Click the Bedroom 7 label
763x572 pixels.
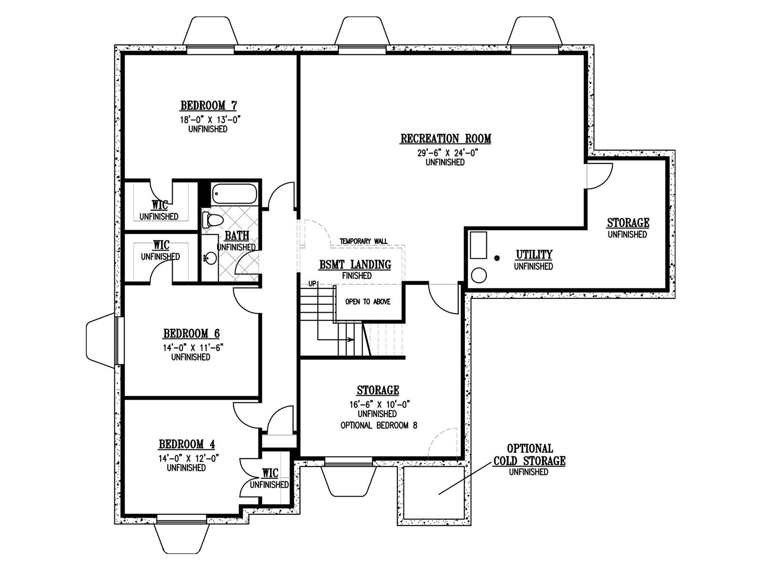(208, 105)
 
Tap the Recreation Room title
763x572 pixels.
(445, 138)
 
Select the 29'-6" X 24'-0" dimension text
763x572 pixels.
(445, 153)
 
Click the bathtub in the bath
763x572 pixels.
(235, 194)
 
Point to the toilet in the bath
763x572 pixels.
(213, 219)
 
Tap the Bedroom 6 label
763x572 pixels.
(192, 333)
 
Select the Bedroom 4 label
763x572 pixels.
(187, 444)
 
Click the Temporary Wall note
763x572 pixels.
(363, 241)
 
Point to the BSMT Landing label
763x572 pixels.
(355, 265)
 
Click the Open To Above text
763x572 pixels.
(368, 302)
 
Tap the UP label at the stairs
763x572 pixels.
(313, 284)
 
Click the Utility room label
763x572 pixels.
(534, 255)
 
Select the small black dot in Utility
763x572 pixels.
(497, 258)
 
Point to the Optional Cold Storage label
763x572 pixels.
(530, 454)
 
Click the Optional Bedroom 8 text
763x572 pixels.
(379, 425)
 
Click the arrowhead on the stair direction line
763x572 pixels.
(351, 339)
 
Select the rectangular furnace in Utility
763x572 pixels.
(479, 245)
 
